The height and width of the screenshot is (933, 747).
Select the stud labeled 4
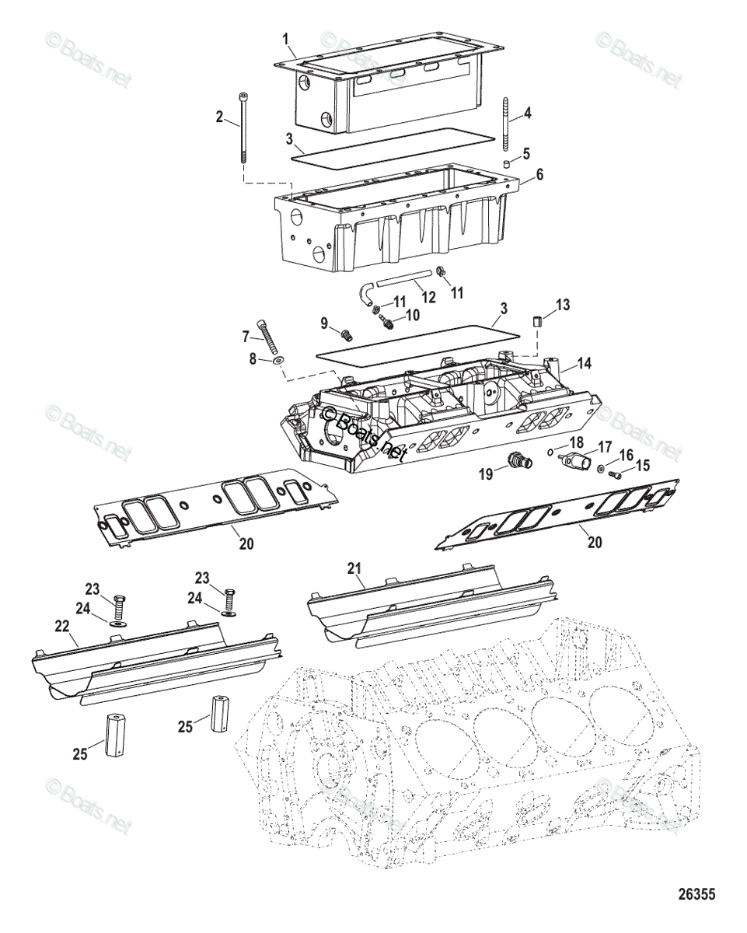coord(506,125)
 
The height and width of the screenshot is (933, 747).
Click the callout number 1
coord(285,38)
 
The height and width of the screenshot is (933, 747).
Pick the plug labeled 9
coord(347,334)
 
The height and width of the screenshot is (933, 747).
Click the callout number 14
coord(585,362)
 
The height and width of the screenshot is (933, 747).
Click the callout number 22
coord(62,626)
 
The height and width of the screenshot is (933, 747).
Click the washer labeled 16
coord(601,468)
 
